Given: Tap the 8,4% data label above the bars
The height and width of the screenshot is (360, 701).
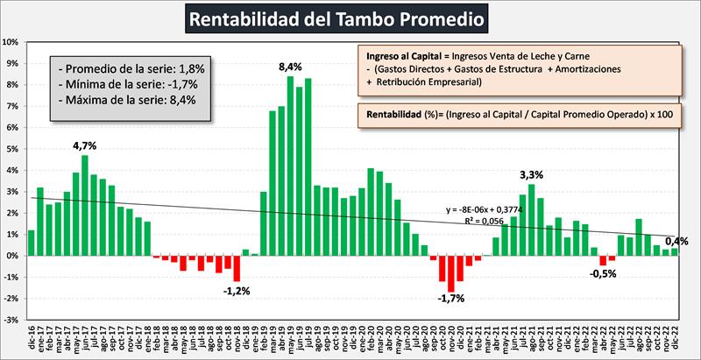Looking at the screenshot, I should [290, 66].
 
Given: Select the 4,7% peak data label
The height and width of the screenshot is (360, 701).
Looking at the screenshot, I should [85, 145].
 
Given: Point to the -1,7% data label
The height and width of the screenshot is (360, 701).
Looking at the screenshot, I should [452, 300].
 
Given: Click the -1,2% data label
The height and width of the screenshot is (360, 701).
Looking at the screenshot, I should [237, 290].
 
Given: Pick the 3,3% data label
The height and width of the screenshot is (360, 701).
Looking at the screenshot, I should [531, 173].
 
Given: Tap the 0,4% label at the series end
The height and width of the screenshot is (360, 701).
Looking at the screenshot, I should [676, 241].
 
